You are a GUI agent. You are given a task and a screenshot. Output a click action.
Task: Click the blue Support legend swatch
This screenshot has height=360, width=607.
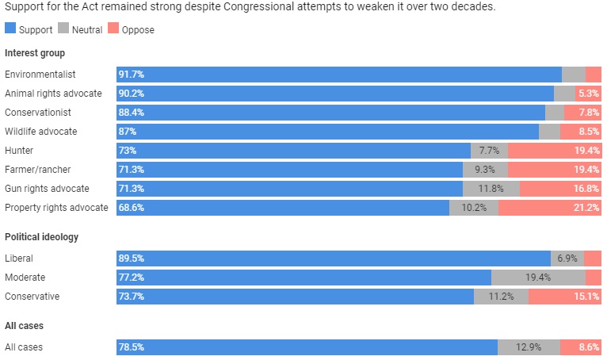(x=10, y=30)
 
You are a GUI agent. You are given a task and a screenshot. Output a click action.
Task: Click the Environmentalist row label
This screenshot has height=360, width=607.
(x=40, y=75)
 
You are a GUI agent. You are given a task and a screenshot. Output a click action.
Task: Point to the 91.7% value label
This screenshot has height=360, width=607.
(x=131, y=75)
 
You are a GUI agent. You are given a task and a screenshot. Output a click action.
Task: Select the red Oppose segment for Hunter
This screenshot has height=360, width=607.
(x=554, y=151)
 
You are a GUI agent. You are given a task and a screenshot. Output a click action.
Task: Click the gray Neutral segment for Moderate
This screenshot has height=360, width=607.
(x=538, y=278)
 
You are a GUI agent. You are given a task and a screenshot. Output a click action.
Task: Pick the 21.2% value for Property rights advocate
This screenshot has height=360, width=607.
(x=587, y=208)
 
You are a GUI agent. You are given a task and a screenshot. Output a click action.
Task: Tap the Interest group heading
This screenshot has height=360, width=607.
(x=35, y=53)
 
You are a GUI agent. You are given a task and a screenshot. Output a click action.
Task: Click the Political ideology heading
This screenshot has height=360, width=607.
(x=41, y=237)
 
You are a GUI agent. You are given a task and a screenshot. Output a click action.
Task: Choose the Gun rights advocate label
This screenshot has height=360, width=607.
(x=47, y=189)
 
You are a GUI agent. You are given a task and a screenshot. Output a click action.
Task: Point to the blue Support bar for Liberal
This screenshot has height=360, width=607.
(x=333, y=259)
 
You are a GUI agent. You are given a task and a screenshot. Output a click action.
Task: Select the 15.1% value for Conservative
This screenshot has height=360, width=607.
(x=587, y=297)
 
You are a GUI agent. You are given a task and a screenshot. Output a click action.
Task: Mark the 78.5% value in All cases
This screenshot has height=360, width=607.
(x=131, y=347)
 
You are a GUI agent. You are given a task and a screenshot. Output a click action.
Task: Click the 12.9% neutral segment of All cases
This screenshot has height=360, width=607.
(x=529, y=347)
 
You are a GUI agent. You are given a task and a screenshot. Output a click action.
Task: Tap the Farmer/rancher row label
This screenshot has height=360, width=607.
(x=38, y=170)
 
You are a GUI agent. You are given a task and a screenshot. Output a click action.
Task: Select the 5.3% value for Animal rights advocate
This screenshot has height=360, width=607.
(x=590, y=94)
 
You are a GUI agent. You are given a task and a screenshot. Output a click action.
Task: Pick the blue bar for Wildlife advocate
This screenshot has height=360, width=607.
(x=326, y=132)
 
